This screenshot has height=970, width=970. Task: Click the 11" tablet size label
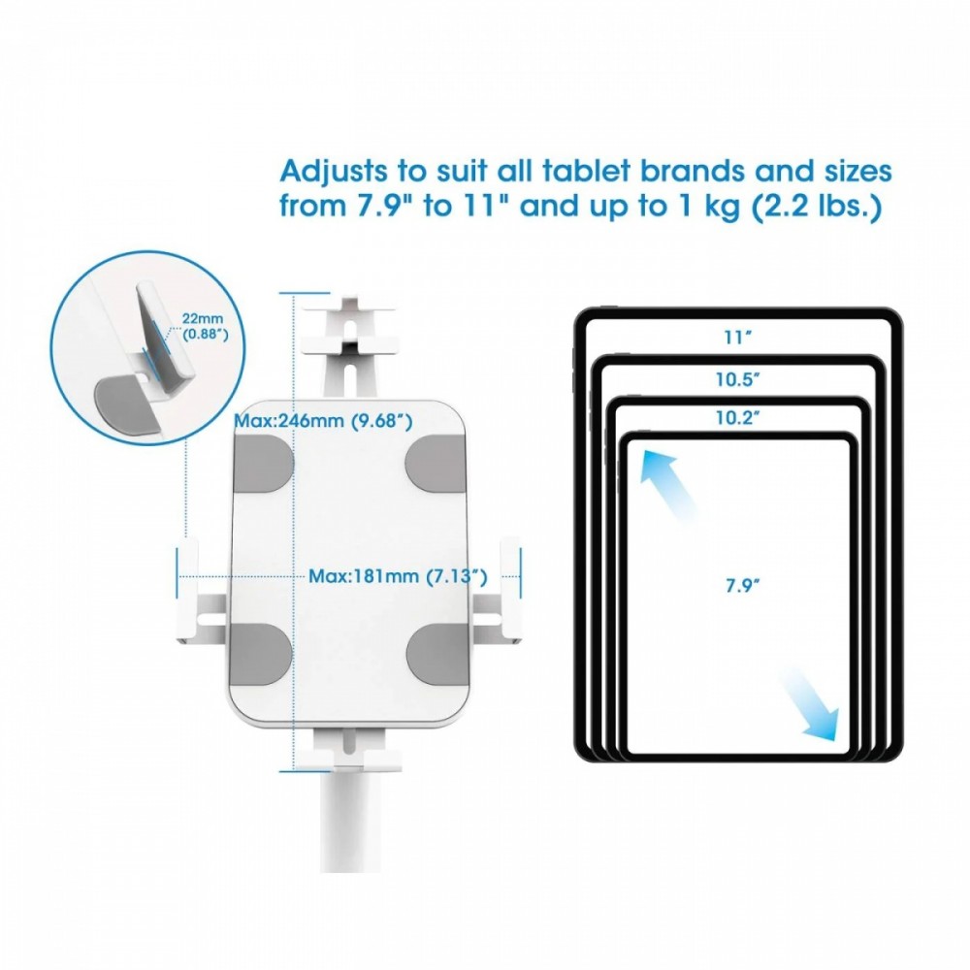tap(738, 338)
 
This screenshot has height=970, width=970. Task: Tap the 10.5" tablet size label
tap(738, 379)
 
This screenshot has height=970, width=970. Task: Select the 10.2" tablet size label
tap(738, 417)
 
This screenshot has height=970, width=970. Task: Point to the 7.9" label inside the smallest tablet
tap(742, 585)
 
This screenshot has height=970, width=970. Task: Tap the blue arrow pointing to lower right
tap(809, 704)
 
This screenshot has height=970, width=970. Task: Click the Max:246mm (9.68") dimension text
tap(323, 421)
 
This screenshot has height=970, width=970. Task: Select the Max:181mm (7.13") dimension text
tap(398, 576)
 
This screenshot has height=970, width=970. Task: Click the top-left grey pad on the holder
tap(263, 464)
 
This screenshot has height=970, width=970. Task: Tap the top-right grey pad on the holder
tap(436, 464)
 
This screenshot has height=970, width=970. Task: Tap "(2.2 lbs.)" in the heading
tap(817, 207)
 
